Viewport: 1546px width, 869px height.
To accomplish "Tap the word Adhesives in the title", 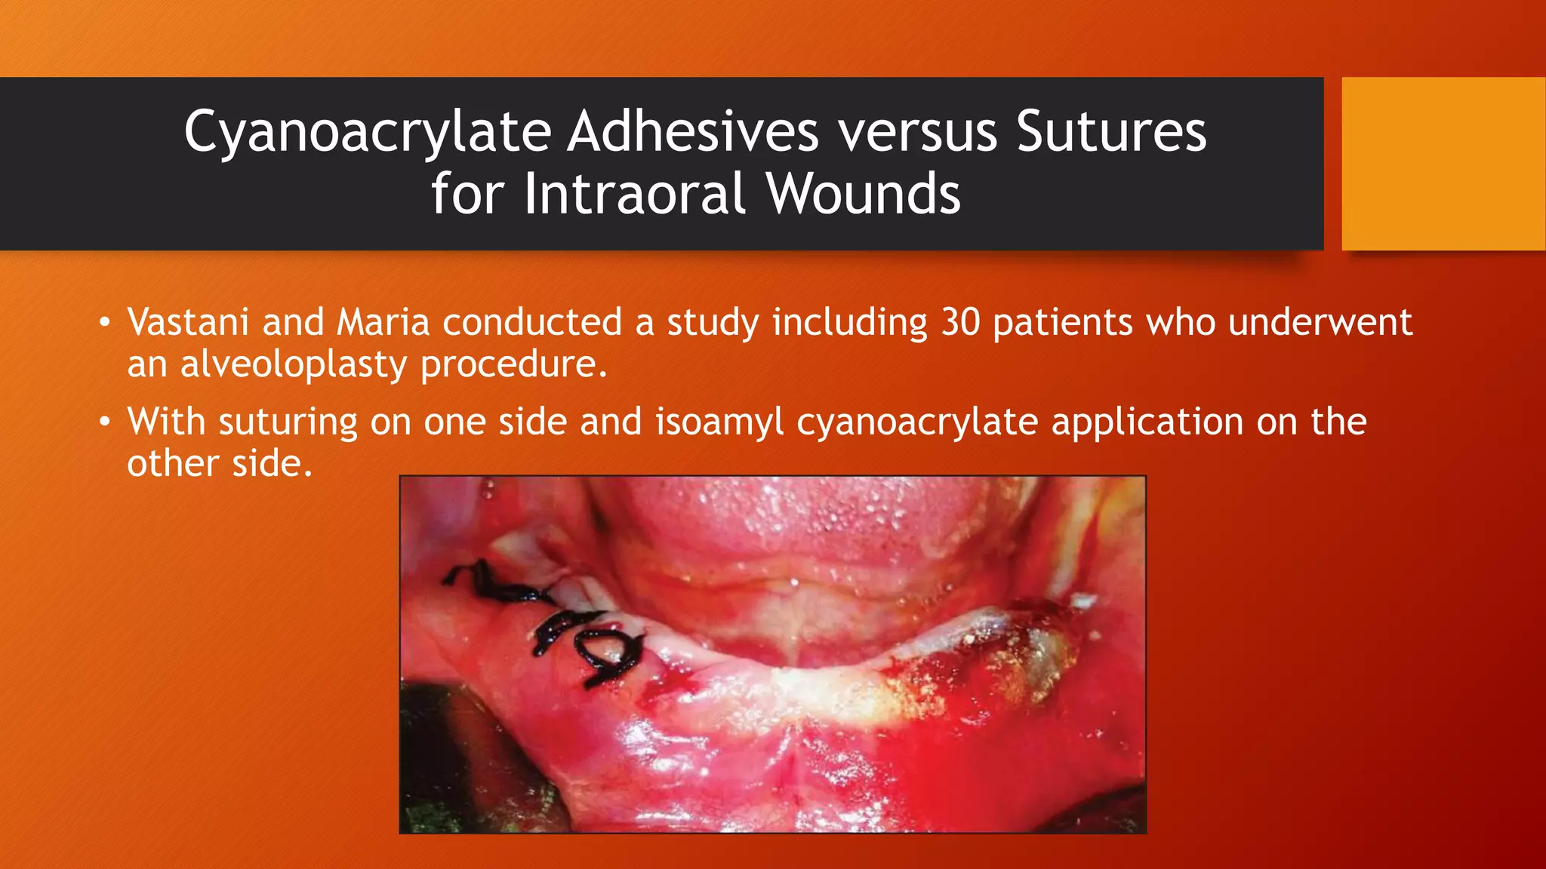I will (693, 131).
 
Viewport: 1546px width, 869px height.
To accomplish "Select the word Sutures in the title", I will (1111, 131).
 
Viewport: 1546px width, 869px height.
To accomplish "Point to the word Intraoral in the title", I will (635, 194).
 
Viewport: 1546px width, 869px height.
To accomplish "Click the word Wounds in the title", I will (864, 194).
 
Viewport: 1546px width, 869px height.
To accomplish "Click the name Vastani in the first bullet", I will (188, 322).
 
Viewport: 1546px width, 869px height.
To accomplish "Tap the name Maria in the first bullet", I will (383, 322).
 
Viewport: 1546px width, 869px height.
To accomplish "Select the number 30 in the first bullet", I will (960, 322).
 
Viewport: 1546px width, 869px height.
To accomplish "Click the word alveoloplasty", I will (294, 365).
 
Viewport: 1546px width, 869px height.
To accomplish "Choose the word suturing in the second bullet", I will (288, 422).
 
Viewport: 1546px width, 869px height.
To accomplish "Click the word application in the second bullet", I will (1147, 422).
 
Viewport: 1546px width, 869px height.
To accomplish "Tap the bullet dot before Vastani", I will (105, 324).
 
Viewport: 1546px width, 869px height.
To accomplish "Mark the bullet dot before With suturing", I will (105, 422).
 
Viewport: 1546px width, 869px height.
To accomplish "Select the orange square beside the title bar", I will (1443, 163).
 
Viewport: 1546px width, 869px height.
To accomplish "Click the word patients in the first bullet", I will (1062, 323).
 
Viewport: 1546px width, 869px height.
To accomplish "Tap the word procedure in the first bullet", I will (513, 365).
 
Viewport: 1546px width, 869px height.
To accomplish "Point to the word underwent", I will (1320, 322).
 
